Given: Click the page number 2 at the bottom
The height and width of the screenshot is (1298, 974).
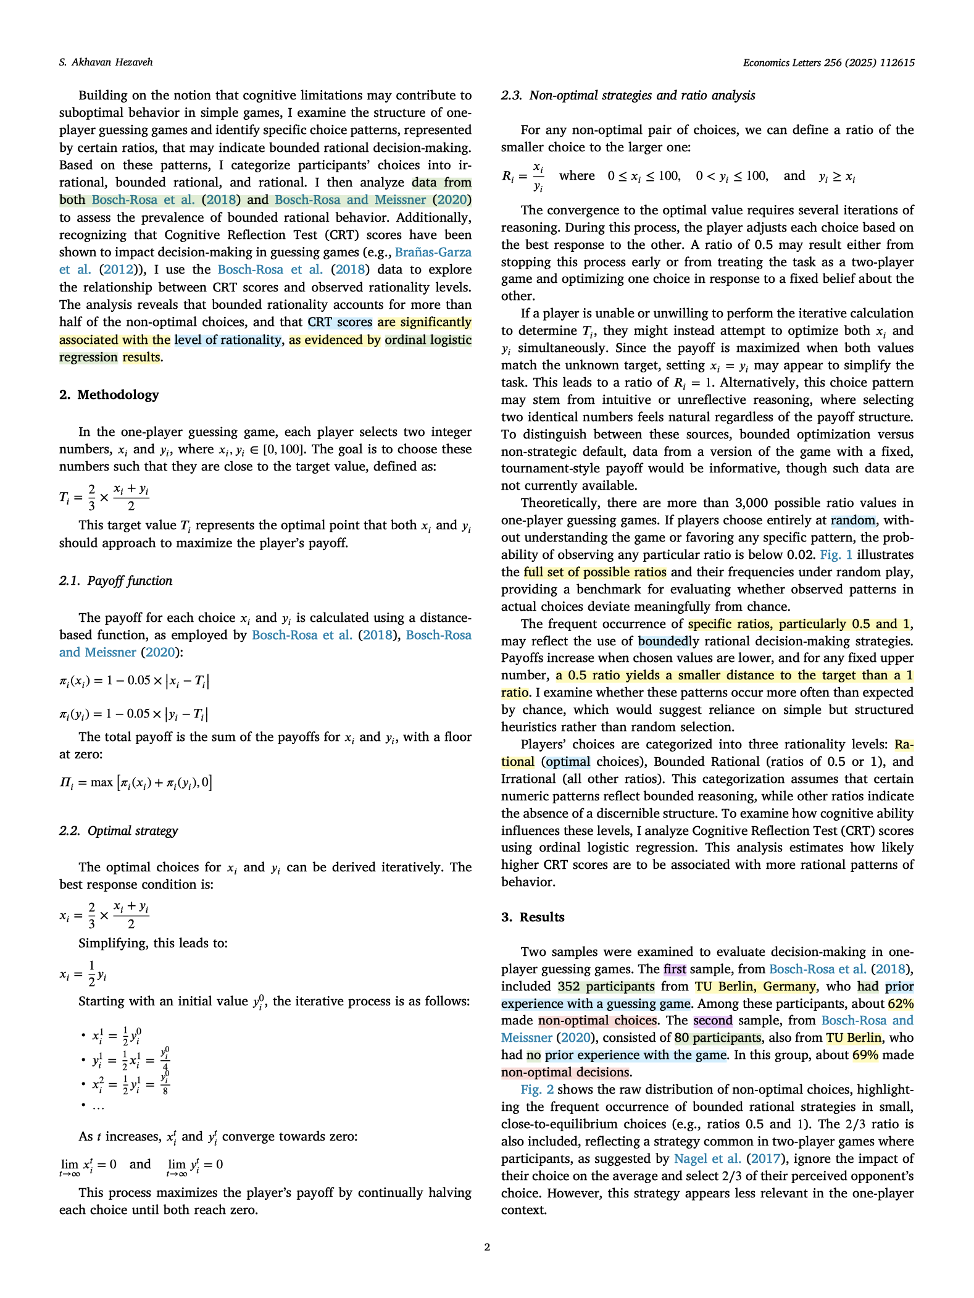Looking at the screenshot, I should [487, 1247].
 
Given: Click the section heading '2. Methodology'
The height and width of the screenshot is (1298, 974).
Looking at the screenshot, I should [109, 395].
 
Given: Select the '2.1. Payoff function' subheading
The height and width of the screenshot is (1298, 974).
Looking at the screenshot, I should [115, 580].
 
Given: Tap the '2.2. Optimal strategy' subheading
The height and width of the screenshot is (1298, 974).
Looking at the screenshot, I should [119, 831].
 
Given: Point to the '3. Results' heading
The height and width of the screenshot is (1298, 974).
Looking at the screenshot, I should [533, 917].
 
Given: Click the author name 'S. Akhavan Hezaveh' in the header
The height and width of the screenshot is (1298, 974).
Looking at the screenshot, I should [106, 62].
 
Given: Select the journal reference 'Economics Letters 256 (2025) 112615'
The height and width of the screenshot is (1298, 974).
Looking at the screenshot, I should [828, 62].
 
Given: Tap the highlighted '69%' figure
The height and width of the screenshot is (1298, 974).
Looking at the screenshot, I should [865, 1055].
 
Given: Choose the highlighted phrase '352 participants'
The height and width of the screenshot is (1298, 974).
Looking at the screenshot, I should [606, 986].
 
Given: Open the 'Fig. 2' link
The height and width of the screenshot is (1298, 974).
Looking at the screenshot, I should [537, 1089].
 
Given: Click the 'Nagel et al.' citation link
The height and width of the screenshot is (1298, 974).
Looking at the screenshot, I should [707, 1158].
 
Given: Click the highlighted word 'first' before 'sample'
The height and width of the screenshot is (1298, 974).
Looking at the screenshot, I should [675, 969].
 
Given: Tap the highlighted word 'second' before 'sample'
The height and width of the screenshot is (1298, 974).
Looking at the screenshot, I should [712, 1020].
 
